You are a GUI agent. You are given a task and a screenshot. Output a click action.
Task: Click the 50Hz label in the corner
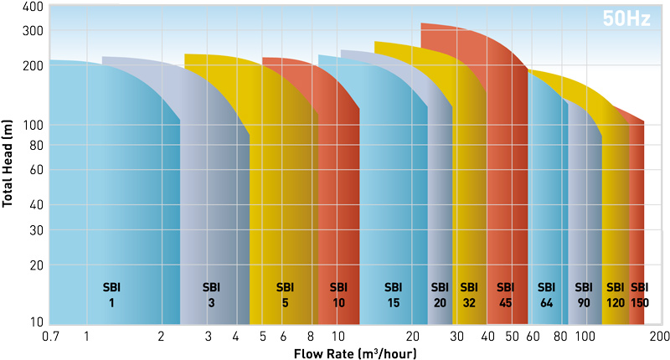(x=626, y=19)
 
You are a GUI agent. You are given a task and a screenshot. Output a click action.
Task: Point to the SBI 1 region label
(x=111, y=294)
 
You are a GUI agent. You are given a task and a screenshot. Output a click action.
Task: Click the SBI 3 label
(x=211, y=294)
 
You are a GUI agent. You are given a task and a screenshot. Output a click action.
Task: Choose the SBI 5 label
(x=285, y=294)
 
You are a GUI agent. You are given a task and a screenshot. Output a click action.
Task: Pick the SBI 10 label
(x=338, y=294)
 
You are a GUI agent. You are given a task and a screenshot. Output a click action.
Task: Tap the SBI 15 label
(x=394, y=294)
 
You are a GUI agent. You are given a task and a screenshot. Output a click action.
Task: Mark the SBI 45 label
(x=505, y=294)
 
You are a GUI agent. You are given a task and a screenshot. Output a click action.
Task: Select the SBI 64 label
(x=547, y=294)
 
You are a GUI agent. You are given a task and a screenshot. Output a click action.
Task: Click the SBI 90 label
(x=584, y=294)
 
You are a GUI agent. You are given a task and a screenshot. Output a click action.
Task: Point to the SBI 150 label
(x=640, y=294)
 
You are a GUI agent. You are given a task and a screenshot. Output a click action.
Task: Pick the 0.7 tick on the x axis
(x=51, y=337)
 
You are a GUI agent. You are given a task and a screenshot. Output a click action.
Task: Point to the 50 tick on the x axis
(x=512, y=337)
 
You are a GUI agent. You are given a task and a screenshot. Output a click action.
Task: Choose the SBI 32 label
(x=469, y=294)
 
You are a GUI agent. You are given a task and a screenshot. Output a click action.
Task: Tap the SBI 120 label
(x=616, y=294)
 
